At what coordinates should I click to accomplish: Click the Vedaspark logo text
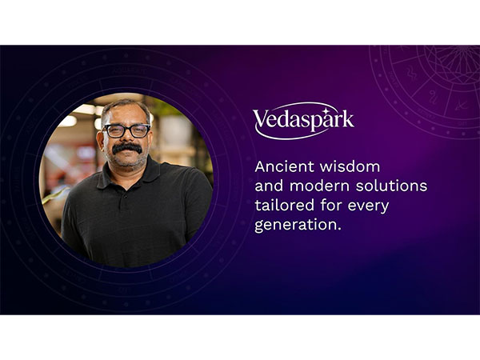click(x=303, y=120)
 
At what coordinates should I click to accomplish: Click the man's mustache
click(x=126, y=148)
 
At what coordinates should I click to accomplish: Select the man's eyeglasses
click(x=126, y=130)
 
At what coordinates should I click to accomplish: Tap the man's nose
click(x=126, y=138)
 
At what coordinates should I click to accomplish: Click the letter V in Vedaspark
click(x=262, y=119)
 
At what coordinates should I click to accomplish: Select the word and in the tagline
click(x=269, y=186)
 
